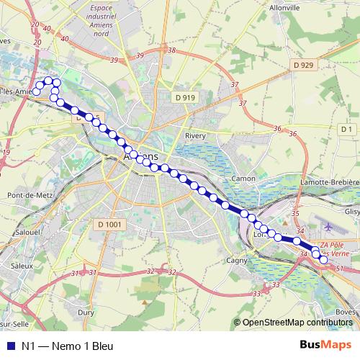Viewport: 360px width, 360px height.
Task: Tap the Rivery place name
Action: coord(196,135)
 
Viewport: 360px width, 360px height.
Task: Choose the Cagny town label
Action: coord(237,260)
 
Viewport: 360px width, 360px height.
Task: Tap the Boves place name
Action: coord(346,312)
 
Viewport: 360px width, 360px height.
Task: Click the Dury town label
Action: coord(86,312)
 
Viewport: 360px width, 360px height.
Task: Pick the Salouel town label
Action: coord(28,233)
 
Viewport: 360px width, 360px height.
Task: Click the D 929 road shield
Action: coord(303,66)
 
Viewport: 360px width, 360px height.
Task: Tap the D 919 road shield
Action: coord(184,97)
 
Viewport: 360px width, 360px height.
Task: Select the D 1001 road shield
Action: coord(109,225)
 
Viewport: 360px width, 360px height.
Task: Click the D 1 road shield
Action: coord(346,129)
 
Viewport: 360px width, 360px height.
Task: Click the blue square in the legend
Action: coord(9,346)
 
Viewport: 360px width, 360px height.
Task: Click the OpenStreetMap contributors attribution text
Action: coord(297,322)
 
